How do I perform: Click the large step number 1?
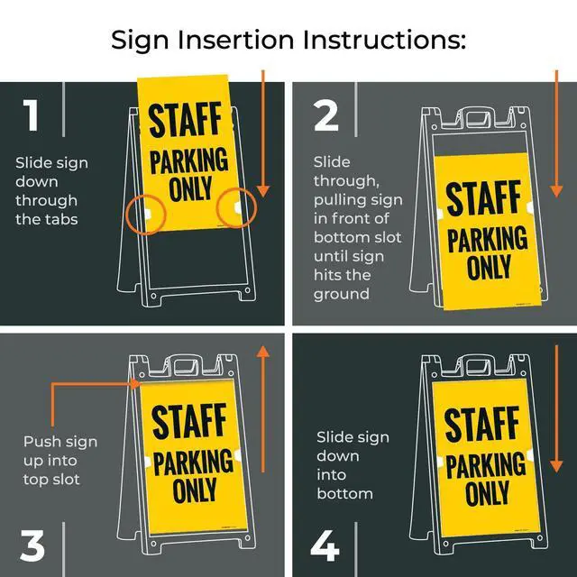(x=31, y=114)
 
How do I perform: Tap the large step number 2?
(x=326, y=115)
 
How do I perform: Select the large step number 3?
(x=32, y=545)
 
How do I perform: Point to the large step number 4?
(x=325, y=545)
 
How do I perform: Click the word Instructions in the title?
(x=385, y=40)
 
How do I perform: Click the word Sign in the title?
(x=140, y=41)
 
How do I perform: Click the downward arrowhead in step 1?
(x=262, y=191)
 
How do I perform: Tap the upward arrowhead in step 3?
(x=262, y=352)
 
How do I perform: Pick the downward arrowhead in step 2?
(x=556, y=191)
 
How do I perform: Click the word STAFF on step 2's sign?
(x=483, y=198)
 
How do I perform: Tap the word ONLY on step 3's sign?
(x=195, y=490)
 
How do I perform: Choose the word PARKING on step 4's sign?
(x=486, y=465)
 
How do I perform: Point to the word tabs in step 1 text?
(x=62, y=219)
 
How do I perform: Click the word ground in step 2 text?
(x=342, y=295)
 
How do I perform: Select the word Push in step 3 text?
(x=40, y=442)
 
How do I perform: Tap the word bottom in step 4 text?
(x=344, y=493)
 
